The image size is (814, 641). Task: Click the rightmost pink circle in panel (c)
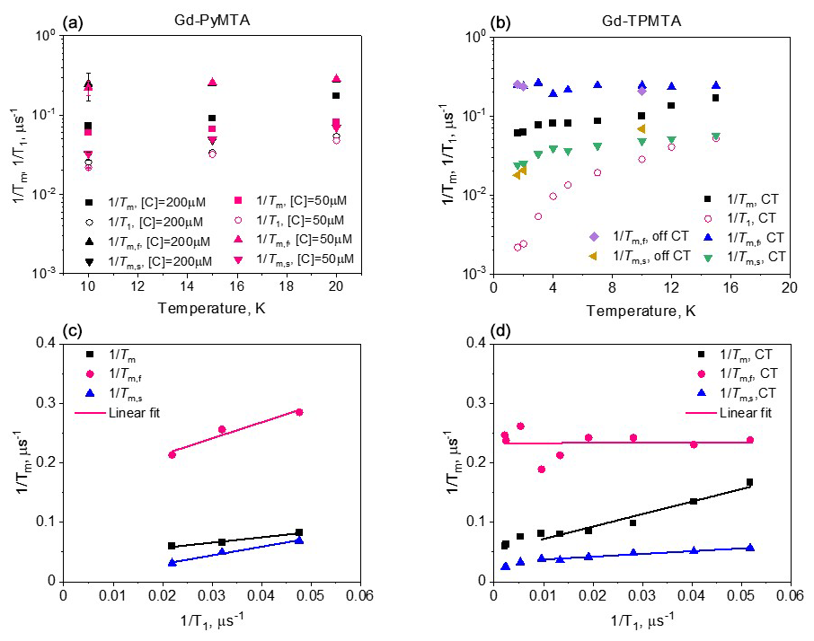tap(299, 412)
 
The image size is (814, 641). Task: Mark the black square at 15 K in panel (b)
tap(715, 98)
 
